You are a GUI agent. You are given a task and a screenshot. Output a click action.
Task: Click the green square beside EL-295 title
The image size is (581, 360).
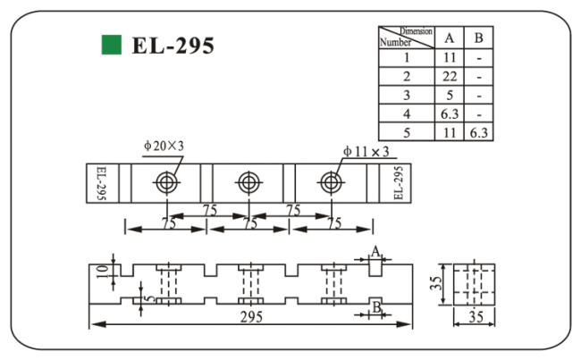point(111,44)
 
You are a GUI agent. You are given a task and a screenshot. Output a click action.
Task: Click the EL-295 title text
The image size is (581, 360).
point(173,46)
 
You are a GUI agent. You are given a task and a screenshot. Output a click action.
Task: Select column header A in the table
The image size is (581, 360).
point(450,37)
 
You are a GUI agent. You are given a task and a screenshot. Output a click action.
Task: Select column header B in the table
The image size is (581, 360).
point(479,37)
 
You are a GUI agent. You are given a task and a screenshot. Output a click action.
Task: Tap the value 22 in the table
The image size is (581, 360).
point(450,76)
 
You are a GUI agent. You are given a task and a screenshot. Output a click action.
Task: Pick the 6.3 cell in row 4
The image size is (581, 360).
point(450,113)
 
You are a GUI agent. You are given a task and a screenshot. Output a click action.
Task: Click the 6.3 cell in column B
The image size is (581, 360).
point(480,132)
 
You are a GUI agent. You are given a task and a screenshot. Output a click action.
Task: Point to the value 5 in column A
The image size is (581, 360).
point(450,95)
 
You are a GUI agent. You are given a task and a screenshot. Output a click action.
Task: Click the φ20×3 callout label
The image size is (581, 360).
point(163,146)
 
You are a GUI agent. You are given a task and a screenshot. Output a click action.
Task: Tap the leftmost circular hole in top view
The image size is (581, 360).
point(166,183)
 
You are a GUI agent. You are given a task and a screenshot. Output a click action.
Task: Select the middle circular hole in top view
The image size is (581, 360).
point(248,183)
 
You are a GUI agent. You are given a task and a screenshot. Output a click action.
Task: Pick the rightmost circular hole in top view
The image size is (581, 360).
point(330,183)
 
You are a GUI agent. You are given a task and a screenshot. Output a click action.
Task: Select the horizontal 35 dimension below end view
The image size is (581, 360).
point(474,316)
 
